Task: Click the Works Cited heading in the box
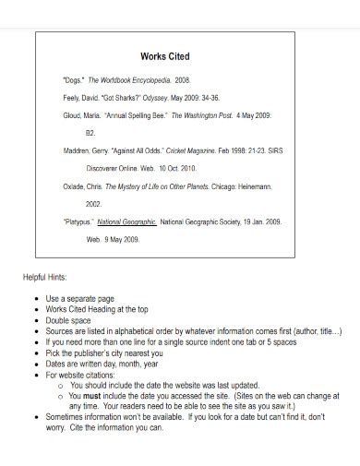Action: click(164, 56)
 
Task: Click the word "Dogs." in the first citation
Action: click(74, 81)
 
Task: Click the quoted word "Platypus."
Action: click(78, 222)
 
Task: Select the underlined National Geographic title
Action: click(127, 222)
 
